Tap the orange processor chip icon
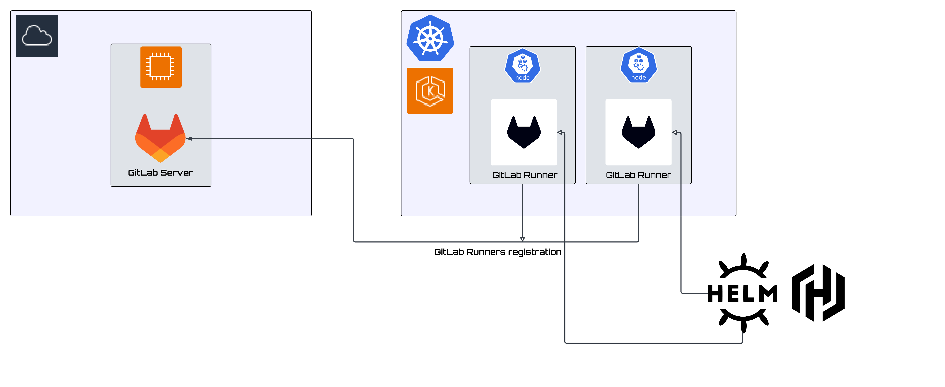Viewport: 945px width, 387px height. point(161,67)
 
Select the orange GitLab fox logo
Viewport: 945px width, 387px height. point(160,138)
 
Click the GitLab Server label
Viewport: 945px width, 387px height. point(160,173)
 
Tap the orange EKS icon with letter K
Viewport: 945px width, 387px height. point(430,91)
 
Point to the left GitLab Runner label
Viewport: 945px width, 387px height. point(525,175)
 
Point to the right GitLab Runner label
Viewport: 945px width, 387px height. point(638,175)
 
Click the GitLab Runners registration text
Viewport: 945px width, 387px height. point(497,252)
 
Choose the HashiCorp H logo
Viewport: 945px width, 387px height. point(818,293)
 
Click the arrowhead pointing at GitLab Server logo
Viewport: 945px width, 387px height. point(189,138)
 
